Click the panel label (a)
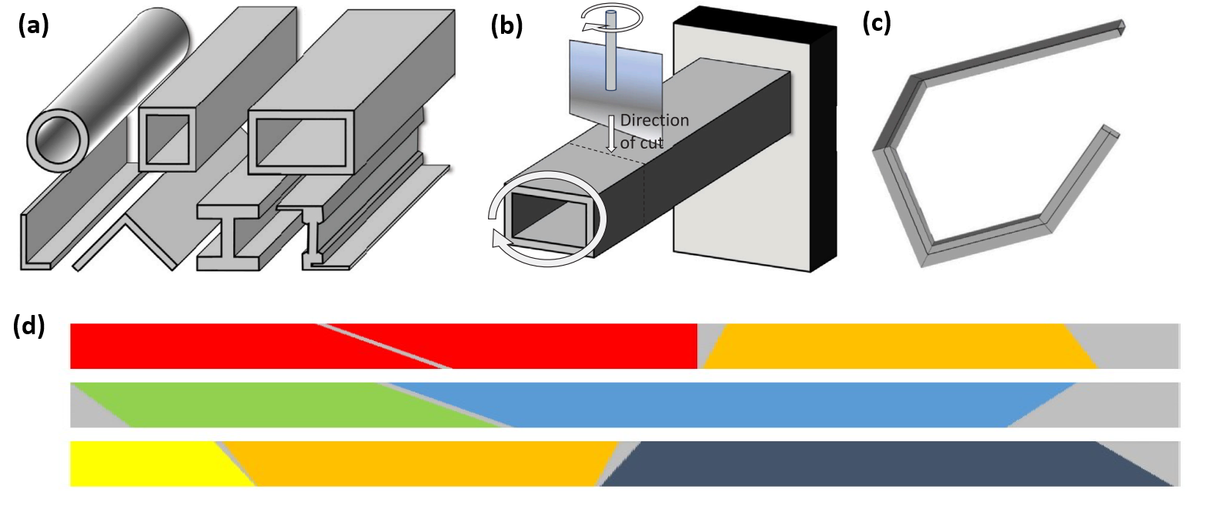(33, 25)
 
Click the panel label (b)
(506, 25)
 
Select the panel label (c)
(877, 22)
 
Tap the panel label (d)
(28, 326)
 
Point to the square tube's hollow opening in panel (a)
(167, 139)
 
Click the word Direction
(654, 120)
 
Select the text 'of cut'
(641, 142)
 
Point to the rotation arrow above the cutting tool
(612, 18)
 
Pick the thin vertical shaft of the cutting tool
(611, 62)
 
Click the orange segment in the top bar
(893, 347)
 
